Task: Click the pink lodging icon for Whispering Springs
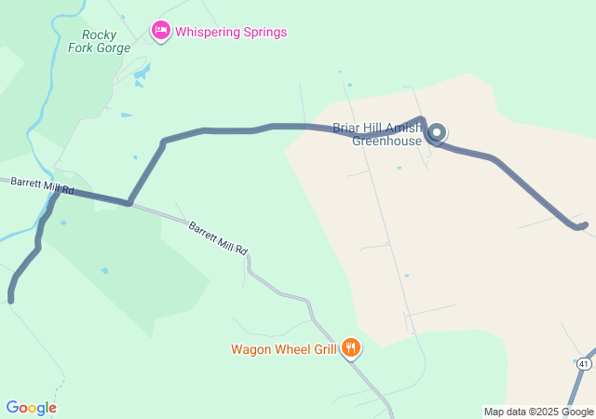(161, 31)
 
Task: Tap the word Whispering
(207, 32)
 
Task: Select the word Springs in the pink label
(263, 32)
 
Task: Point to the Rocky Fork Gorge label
(92, 41)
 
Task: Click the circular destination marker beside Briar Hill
(436, 133)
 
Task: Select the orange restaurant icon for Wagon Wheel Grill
(350, 348)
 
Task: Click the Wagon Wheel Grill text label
(284, 350)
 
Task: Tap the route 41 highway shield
(583, 361)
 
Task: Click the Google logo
(31, 408)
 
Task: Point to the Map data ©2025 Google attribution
(538, 412)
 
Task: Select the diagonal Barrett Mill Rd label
(218, 238)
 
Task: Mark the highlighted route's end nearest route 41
(584, 224)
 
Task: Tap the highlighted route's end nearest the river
(11, 299)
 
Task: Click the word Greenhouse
(386, 142)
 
